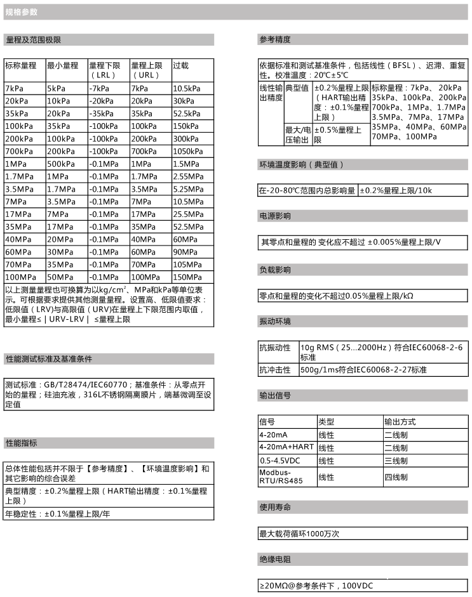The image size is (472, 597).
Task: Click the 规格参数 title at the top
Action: pos(22,11)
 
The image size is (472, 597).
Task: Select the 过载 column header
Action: pos(181,65)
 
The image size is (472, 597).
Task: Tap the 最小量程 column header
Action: pos(62,65)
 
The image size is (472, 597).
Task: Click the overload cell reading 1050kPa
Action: pos(187,152)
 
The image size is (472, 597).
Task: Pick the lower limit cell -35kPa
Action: pos(102,114)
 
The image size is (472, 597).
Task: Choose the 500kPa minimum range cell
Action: pos(61,164)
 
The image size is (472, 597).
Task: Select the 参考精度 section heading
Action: pos(275,40)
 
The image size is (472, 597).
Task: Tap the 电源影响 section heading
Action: pos(275,216)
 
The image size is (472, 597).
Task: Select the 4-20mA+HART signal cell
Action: pos(287,448)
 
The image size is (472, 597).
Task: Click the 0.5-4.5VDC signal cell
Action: pos(280,461)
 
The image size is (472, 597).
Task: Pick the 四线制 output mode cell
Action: pos(396,477)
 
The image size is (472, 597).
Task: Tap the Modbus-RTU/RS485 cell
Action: pos(280,477)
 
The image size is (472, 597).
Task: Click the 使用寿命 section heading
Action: pos(275,508)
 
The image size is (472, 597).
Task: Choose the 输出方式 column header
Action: pos(400,422)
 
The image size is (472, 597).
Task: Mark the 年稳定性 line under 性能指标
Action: pos(58,513)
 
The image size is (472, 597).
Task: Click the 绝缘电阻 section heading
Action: pos(275,560)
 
